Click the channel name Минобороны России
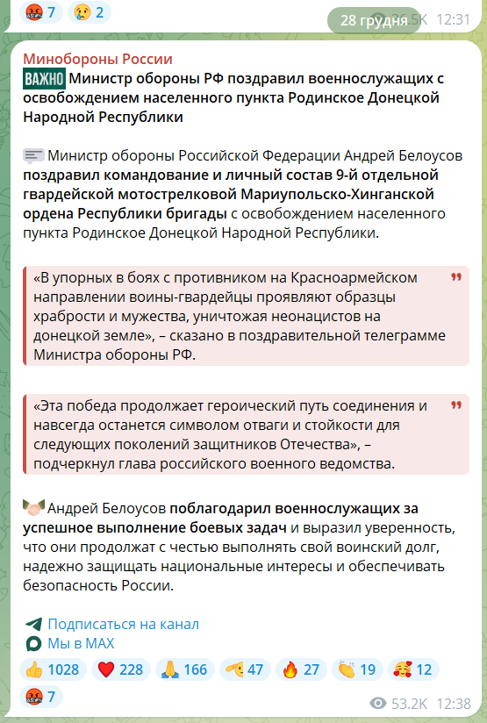click(97, 59)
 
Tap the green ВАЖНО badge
click(44, 79)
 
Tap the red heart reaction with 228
click(118, 669)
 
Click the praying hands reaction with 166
click(183, 669)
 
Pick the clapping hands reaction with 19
click(355, 669)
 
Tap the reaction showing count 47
click(243, 669)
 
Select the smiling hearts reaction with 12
click(412, 669)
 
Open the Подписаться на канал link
click(123, 624)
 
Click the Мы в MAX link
click(81, 644)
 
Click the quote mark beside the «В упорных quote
click(455, 276)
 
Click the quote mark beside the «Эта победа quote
click(455, 405)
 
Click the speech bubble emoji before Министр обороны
click(33, 156)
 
